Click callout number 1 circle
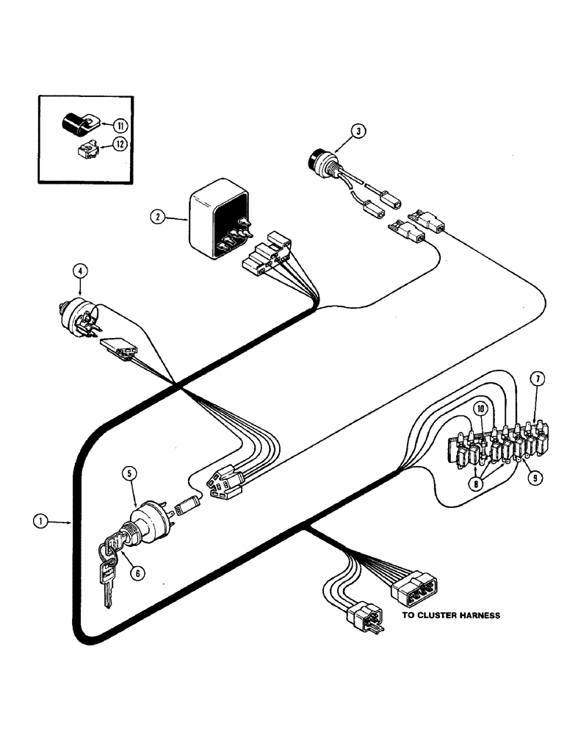pyautogui.click(x=40, y=520)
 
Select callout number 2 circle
pyautogui.click(x=156, y=216)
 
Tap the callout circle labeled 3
pyautogui.click(x=357, y=132)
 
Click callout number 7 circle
pyautogui.click(x=538, y=380)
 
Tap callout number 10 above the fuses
pyautogui.click(x=480, y=408)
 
